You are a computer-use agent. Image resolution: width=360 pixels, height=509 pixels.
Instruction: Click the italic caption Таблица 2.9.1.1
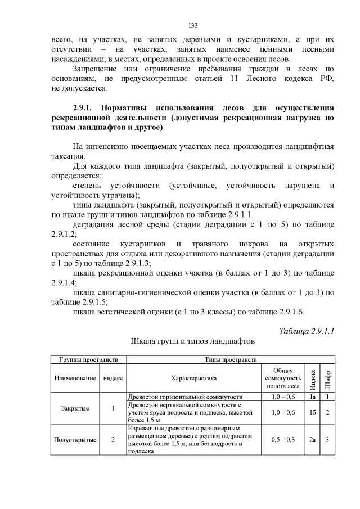coord(307,330)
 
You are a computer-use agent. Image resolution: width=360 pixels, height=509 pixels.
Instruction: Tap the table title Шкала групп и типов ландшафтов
coord(192,341)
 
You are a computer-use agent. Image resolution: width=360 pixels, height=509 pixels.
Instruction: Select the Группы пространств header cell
coord(88,359)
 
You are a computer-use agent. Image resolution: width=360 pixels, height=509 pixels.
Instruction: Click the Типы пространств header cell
coord(232,359)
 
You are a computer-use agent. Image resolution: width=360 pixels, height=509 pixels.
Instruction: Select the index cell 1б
coord(312,413)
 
